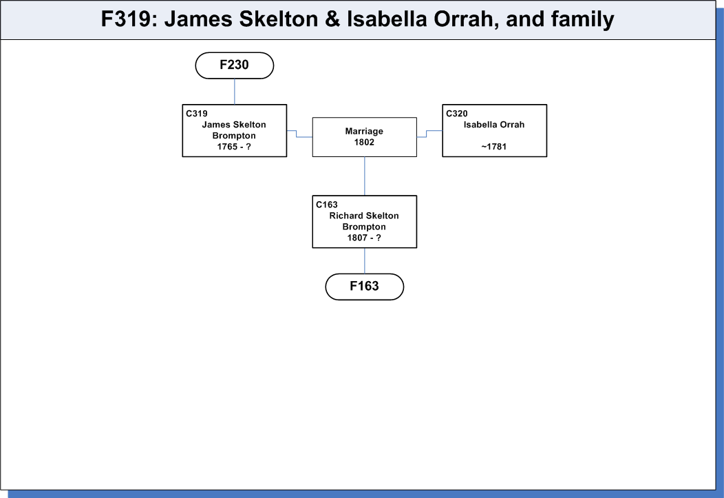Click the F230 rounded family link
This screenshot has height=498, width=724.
tap(235, 65)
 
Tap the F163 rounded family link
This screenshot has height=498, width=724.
tap(364, 287)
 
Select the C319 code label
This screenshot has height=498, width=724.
tap(197, 114)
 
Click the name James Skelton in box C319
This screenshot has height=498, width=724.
tap(234, 125)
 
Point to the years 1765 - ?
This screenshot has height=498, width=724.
tap(234, 147)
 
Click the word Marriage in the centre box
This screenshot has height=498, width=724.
tap(364, 131)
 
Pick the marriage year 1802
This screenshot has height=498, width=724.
tap(364, 143)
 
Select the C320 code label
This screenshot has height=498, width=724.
tap(457, 114)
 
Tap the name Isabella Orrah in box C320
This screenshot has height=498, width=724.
tap(494, 125)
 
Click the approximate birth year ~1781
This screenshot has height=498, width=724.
tap(494, 147)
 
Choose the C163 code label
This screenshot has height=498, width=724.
tap(327, 205)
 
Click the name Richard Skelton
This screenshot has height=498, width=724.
tap(364, 216)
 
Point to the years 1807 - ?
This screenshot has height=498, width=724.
tap(364, 238)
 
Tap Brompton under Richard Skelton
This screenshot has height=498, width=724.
tap(364, 227)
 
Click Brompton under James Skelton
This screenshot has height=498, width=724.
tap(234, 136)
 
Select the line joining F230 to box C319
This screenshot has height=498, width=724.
tap(235, 92)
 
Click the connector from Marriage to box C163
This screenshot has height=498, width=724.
tap(365, 176)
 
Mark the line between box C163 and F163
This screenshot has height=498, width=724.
tap(365, 261)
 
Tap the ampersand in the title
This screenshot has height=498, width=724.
tap(332, 19)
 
